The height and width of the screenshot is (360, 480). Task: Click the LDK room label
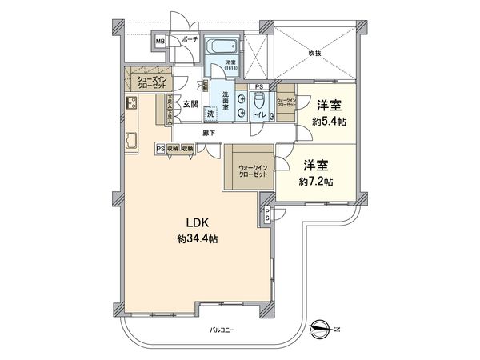point(198,222)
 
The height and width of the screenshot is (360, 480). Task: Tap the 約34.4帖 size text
point(198,238)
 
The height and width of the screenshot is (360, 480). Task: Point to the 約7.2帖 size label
point(318,182)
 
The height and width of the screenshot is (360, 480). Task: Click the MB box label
point(160,41)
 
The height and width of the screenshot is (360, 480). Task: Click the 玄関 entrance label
point(189,103)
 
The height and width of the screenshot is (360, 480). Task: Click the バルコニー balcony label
point(223,329)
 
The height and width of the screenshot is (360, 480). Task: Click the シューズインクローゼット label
point(150,81)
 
